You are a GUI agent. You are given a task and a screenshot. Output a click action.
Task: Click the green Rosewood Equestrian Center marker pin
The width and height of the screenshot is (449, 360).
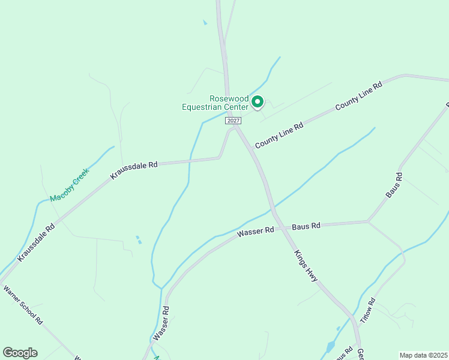click(x=258, y=102)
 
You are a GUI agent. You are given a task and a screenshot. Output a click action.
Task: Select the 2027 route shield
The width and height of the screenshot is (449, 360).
click(x=234, y=121)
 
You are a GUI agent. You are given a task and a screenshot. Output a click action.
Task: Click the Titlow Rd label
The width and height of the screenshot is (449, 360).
click(x=367, y=311)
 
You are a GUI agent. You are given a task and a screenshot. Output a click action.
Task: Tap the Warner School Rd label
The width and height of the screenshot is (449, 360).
click(x=23, y=305)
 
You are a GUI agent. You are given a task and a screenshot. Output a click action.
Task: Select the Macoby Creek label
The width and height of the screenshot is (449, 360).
click(x=69, y=184)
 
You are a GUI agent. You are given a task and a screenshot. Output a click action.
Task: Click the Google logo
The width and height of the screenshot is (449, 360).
click(x=20, y=353)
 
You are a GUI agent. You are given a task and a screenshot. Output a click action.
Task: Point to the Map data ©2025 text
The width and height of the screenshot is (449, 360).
click(x=423, y=355)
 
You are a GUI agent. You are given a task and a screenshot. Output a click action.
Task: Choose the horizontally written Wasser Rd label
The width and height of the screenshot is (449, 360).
click(x=255, y=230)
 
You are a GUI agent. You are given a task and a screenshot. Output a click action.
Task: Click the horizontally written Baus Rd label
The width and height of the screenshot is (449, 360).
click(x=306, y=226)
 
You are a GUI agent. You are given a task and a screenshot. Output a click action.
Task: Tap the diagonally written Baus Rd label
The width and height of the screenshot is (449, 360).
click(x=394, y=186)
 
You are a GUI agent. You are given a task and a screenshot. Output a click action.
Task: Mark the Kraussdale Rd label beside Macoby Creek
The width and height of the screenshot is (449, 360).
click(x=37, y=242)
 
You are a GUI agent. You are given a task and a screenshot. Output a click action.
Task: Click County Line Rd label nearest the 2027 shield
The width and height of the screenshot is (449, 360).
click(x=279, y=134)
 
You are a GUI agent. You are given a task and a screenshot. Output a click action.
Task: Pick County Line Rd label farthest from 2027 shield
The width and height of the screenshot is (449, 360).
click(x=359, y=96)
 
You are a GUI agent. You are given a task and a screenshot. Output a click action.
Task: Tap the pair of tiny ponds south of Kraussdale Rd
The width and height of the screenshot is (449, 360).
click(x=139, y=239)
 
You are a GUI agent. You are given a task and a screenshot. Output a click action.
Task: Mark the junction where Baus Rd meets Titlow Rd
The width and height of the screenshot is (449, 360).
click(x=368, y=222)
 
